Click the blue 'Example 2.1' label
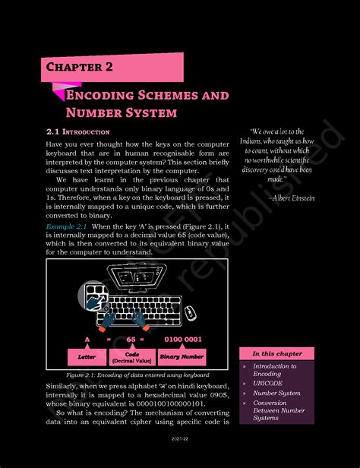pyautogui.click(x=66, y=226)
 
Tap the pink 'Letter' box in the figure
pyautogui.click(x=87, y=356)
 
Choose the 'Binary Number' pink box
pyautogui.click(x=182, y=356)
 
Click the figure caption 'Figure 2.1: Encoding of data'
pyautogui.click(x=137, y=375)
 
